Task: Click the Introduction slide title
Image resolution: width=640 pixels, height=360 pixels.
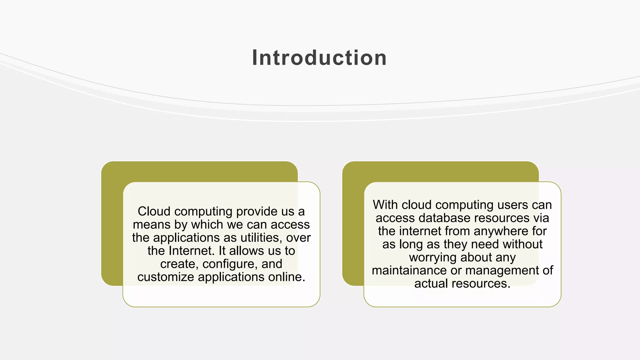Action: point(319,58)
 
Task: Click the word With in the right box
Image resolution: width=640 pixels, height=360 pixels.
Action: point(385,205)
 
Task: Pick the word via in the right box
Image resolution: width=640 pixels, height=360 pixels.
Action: point(541,218)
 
